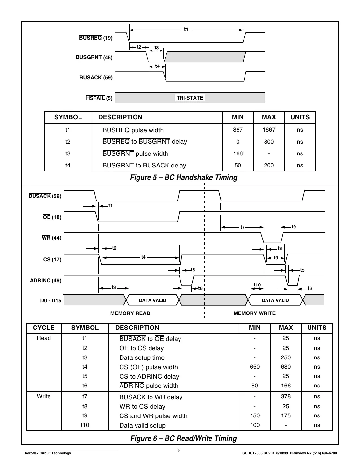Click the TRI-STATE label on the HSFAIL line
pyautogui.click(x=190, y=98)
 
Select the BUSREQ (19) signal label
pyautogui.click(x=96, y=38)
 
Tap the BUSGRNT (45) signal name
pyautogui.click(x=94, y=58)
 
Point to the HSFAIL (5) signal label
pyautogui.click(x=99, y=98)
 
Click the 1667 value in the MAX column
pyautogui.click(x=269, y=130)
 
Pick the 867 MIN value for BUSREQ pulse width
pyautogui.click(x=238, y=130)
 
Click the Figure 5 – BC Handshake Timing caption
pyautogui.click(x=183, y=178)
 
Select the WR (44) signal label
pyautogui.click(x=51, y=238)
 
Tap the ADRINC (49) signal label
pyautogui.click(x=46, y=281)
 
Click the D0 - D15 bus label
pyautogui.click(x=51, y=300)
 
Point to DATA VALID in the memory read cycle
pyautogui.click(x=152, y=300)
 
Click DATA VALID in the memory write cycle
pyautogui.click(x=275, y=300)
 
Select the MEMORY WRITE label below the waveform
pyautogui.click(x=254, y=313)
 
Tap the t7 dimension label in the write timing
pyautogui.click(x=242, y=227)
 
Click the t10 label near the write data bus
pyautogui.click(x=257, y=285)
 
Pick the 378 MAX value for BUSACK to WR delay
pyautogui.click(x=286, y=396)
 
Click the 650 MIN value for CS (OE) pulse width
pyautogui.click(x=255, y=367)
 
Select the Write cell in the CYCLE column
pyautogui.click(x=44, y=396)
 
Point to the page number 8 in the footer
pyautogui.click(x=180, y=451)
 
